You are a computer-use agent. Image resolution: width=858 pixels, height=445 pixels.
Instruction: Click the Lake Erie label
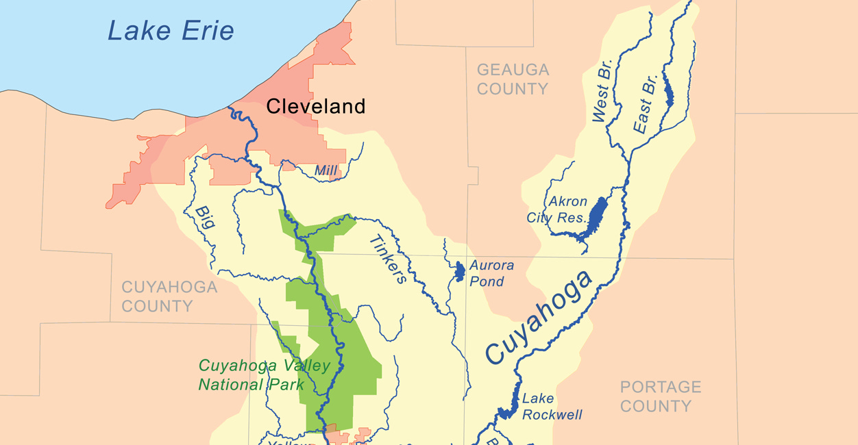coord(171,31)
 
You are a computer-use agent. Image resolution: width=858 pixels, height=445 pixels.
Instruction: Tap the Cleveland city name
coord(315,106)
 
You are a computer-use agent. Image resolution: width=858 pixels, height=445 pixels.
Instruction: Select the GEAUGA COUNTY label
coord(513,79)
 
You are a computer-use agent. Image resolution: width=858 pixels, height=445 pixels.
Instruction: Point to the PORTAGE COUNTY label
coord(660,396)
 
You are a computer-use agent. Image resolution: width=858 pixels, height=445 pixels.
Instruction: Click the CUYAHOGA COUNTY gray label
coord(169,296)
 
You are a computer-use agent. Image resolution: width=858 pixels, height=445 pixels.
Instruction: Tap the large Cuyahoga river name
coord(538,317)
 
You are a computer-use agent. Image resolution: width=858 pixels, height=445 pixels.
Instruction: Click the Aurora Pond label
coord(491,273)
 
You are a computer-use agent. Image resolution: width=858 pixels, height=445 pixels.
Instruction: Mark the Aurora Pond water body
coord(459,272)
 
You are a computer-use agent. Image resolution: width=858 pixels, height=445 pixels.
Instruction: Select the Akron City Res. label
coord(557,209)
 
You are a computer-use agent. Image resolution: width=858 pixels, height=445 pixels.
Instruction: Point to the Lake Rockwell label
coord(552,407)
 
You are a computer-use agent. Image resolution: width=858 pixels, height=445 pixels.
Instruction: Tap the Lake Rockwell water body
coord(508,409)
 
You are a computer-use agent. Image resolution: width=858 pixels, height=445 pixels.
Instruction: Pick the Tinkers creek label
coord(387,259)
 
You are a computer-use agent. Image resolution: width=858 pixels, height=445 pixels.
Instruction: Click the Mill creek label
coord(326,169)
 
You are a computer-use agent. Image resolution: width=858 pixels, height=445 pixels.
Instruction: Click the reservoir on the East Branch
coord(669,92)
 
